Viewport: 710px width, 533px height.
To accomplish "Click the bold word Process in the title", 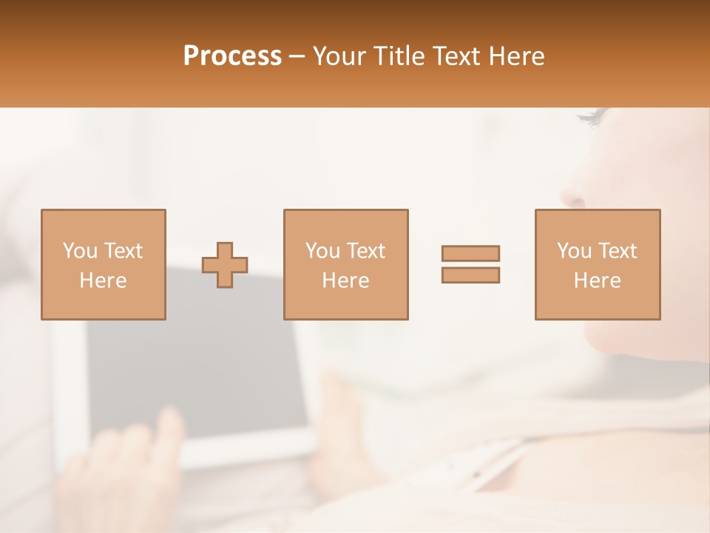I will pyautogui.click(x=232, y=56).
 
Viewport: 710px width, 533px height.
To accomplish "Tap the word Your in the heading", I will pyautogui.click(x=339, y=56).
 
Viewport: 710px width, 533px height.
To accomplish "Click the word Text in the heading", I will pyautogui.click(x=456, y=56).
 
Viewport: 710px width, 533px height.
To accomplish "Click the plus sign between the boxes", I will pyautogui.click(x=225, y=264).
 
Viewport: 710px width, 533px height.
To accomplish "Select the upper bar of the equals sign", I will pyautogui.click(x=470, y=253).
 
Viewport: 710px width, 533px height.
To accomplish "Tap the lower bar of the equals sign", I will pyautogui.click(x=470, y=275).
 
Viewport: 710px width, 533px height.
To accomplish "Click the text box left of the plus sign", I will pyautogui.click(x=103, y=264).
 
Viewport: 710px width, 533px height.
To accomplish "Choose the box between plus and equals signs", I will pyautogui.click(x=345, y=264).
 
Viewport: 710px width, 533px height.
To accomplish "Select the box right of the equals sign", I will pyautogui.click(x=597, y=264).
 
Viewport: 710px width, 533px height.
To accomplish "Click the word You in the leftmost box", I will pyautogui.click(x=79, y=251).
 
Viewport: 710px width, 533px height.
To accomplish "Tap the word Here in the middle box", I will pyautogui.click(x=345, y=281).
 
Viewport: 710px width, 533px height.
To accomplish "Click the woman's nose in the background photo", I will pyautogui.click(x=573, y=194).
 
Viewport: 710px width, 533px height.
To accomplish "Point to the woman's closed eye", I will pyautogui.click(x=595, y=116).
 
